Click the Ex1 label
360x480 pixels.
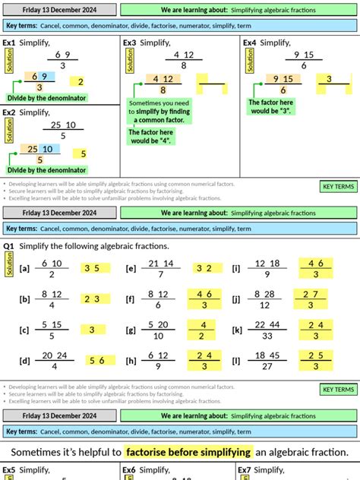pos(9,43)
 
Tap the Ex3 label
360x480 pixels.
pos(129,43)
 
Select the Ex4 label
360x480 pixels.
pos(250,43)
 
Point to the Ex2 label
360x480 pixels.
pos(9,112)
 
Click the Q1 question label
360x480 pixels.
pos(9,246)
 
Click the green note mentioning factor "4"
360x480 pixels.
pos(150,137)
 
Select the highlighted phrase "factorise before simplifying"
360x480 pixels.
pos(188,452)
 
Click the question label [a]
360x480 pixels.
pos(24,268)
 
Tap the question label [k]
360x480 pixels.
pos(237,330)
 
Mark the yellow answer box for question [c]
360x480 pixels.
pos(93,330)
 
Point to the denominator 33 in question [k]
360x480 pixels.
pos(266,336)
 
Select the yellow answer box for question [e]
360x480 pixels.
pos(204,268)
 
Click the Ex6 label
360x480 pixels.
pos(129,471)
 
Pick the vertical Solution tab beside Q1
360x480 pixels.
pos(9,264)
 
